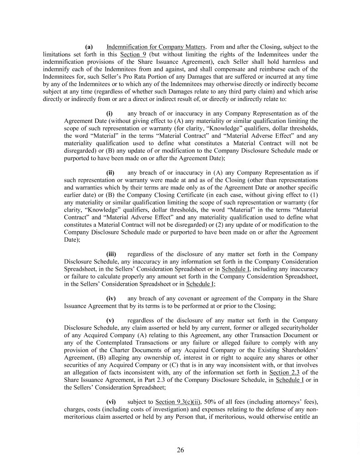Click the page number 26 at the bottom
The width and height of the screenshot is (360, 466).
(x=180, y=451)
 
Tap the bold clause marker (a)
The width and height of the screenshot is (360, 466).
(x=89, y=47)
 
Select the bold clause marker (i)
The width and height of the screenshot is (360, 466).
(x=109, y=113)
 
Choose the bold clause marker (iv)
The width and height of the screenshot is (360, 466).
(x=111, y=298)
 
